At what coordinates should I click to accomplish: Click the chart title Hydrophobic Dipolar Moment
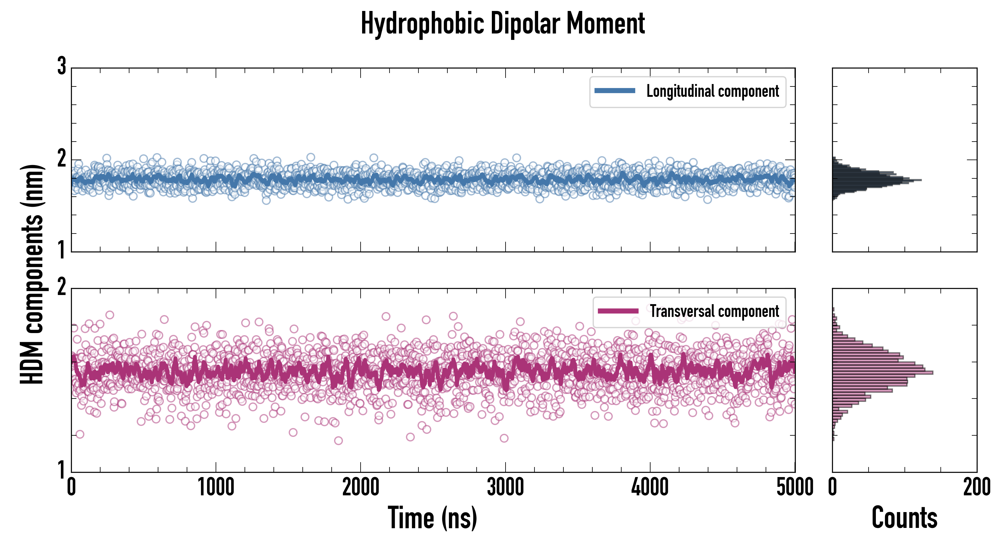click(x=503, y=24)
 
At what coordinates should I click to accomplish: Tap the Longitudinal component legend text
click(x=712, y=91)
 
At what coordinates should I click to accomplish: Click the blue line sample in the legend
click(x=615, y=91)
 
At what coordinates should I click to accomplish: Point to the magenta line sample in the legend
click(x=618, y=311)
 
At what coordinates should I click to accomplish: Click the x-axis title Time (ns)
click(x=432, y=518)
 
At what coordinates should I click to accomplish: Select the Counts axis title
click(x=904, y=518)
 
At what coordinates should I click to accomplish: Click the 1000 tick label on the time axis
click(x=216, y=487)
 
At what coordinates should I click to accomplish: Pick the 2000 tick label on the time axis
click(x=361, y=487)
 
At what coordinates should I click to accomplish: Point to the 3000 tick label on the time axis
click(x=505, y=487)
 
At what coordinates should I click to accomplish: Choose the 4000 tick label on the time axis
click(x=650, y=487)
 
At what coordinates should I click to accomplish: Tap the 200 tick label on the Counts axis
click(x=976, y=487)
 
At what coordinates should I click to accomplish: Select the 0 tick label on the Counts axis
click(x=833, y=487)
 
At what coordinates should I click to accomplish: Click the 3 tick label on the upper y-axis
click(x=62, y=66)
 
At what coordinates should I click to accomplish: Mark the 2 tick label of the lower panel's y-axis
click(x=62, y=287)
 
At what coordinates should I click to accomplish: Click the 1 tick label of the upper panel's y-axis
click(x=62, y=250)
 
